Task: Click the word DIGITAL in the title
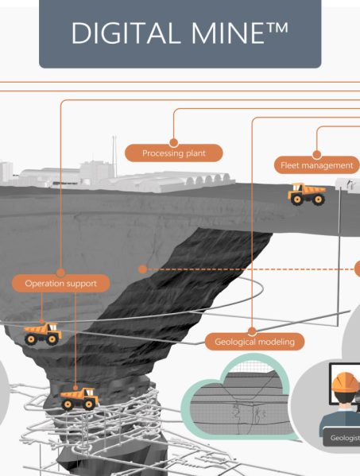point(124,33)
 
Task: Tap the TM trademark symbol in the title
point(277,27)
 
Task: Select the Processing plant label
point(174,153)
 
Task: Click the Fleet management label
point(317,165)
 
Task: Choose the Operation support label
point(60,284)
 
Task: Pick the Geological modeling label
point(254,342)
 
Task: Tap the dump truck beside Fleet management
point(307,194)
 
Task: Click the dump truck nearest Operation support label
point(42,334)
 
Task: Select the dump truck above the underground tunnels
point(79,399)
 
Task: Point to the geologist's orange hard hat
point(345,382)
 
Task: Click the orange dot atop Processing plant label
point(173,142)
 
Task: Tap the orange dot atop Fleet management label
point(316,154)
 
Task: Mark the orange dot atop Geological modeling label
point(252,331)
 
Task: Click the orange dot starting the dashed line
point(142,269)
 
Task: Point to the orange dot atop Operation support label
point(60,273)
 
